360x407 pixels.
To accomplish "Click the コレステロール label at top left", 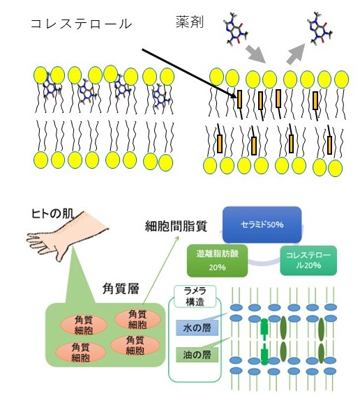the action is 82,24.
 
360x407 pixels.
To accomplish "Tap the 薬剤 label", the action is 190,22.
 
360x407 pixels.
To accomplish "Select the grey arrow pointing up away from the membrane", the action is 296,54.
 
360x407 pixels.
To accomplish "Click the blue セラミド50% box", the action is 262,224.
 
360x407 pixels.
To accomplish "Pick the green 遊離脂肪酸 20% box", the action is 217,261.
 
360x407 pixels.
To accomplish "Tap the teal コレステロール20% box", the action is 308,261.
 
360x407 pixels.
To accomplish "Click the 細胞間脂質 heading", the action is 177,226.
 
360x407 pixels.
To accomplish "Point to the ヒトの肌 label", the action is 52,214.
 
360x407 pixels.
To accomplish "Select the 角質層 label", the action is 121,289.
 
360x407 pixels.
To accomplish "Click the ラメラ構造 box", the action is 195,296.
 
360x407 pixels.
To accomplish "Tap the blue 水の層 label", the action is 197,328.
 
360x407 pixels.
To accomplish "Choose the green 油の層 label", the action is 197,355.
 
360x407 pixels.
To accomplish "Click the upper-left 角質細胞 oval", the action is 84,325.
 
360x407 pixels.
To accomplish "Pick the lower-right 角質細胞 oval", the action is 135,345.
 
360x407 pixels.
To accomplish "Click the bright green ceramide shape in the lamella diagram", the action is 264,341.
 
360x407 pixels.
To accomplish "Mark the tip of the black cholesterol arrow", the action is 237,98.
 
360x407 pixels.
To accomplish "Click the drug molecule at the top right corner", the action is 320,28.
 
